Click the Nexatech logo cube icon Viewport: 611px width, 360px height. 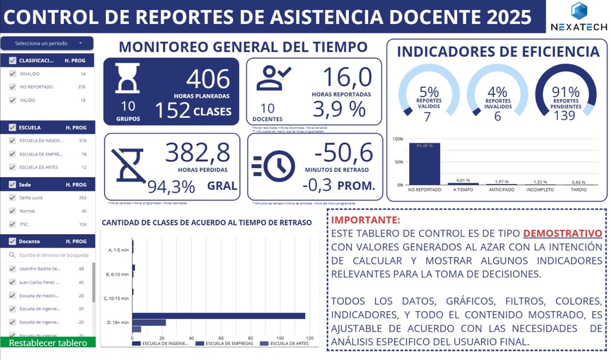(x=579, y=11)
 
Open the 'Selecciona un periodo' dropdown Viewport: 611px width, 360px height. (x=47, y=43)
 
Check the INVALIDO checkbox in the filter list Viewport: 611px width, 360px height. (x=13, y=74)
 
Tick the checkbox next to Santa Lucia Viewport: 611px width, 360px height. (x=13, y=198)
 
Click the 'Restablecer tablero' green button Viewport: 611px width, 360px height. (x=47, y=343)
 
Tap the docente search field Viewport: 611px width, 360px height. (x=51, y=255)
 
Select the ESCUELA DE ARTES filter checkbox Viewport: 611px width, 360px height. (x=13, y=167)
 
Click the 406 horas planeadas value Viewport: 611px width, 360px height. (x=208, y=79)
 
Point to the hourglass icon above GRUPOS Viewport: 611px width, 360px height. (x=127, y=78)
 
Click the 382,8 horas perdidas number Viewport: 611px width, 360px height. (x=198, y=153)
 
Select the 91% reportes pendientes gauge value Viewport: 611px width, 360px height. (x=565, y=93)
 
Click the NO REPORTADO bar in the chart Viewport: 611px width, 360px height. (x=424, y=164)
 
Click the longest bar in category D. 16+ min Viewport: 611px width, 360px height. (x=218, y=316)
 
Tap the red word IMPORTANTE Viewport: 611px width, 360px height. (x=365, y=220)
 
